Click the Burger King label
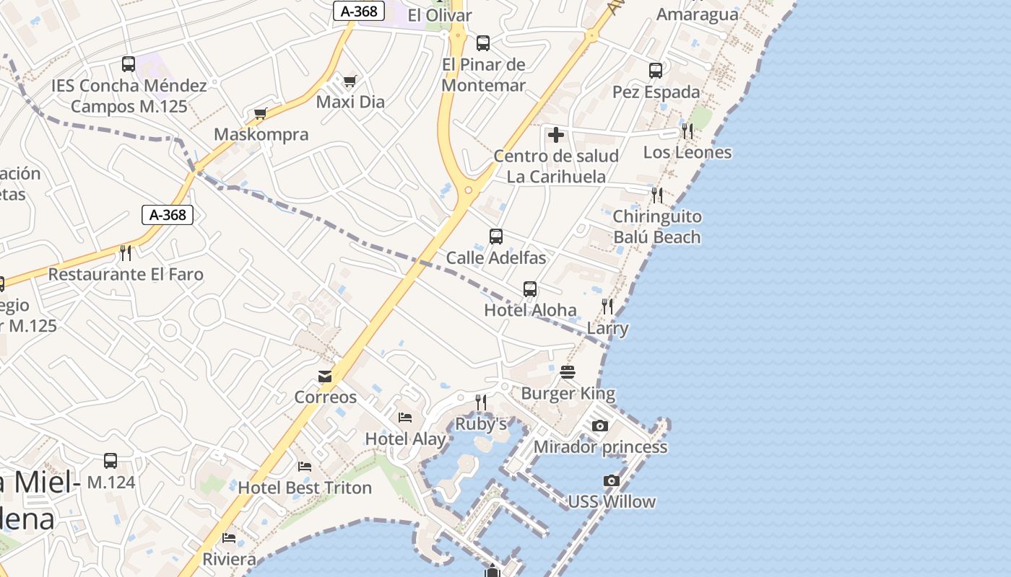click(x=568, y=394)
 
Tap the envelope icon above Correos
click(x=325, y=376)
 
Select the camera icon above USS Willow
click(x=612, y=481)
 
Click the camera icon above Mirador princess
click(x=600, y=426)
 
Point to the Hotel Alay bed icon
click(x=405, y=418)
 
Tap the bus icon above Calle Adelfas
click(x=496, y=237)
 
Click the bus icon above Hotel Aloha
click(x=530, y=289)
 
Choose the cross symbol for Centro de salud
click(x=556, y=135)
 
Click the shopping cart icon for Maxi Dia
click(x=350, y=81)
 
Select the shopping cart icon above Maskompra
click(x=261, y=113)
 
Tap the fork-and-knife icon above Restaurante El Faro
click(x=126, y=252)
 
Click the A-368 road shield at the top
click(x=359, y=11)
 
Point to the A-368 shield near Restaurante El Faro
click(x=168, y=215)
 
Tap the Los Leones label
click(x=687, y=152)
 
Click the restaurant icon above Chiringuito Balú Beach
click(x=656, y=195)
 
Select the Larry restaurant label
click(x=607, y=328)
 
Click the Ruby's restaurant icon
click(x=481, y=402)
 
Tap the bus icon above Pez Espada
click(x=656, y=71)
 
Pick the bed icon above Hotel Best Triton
click(x=305, y=467)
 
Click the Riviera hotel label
click(x=229, y=559)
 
